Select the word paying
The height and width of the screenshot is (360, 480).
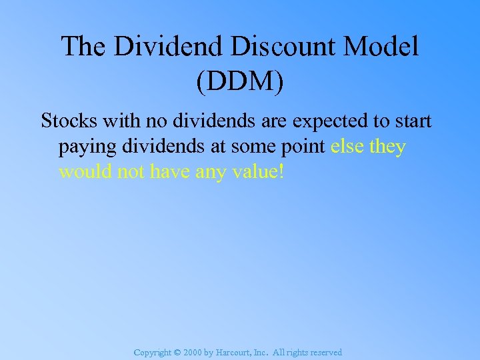(x=85, y=147)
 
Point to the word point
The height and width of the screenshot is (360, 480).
(x=303, y=147)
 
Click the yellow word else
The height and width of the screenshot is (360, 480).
(x=347, y=147)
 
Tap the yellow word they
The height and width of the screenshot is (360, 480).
(x=387, y=147)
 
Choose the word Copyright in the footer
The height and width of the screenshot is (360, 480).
(x=152, y=353)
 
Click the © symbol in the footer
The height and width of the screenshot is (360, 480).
(x=177, y=353)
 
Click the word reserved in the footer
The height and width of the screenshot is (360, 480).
(x=325, y=353)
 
